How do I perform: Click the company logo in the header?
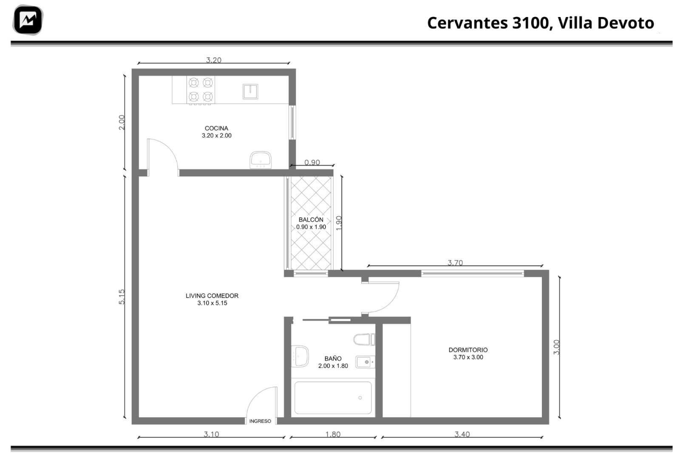(x=28, y=20)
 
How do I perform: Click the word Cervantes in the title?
(x=467, y=23)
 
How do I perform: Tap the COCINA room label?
(x=216, y=128)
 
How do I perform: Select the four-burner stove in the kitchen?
(x=201, y=90)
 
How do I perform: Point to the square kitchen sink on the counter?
(x=250, y=92)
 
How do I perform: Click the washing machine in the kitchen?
(x=261, y=160)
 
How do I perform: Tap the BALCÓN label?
(x=311, y=219)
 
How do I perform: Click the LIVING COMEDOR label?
(x=212, y=295)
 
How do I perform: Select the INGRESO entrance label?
(x=260, y=421)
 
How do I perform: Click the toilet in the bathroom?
(x=364, y=340)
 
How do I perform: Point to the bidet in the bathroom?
(x=365, y=362)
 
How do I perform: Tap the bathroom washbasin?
(x=300, y=356)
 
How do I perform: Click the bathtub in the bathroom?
(x=333, y=397)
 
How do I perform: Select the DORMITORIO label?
(x=468, y=350)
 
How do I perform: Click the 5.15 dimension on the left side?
(x=122, y=297)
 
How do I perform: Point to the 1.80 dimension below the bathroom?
(x=333, y=434)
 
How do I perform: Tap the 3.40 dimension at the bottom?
(x=462, y=434)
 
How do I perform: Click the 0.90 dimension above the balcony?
(x=312, y=162)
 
